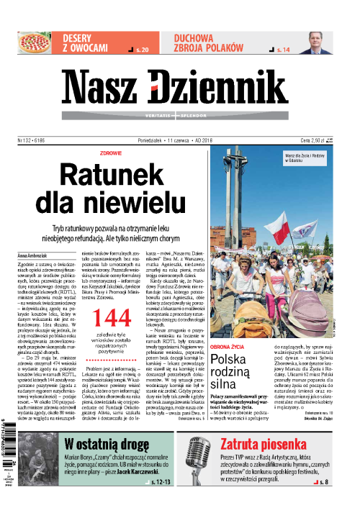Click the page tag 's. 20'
click(142, 50)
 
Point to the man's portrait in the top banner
click(317, 42)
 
